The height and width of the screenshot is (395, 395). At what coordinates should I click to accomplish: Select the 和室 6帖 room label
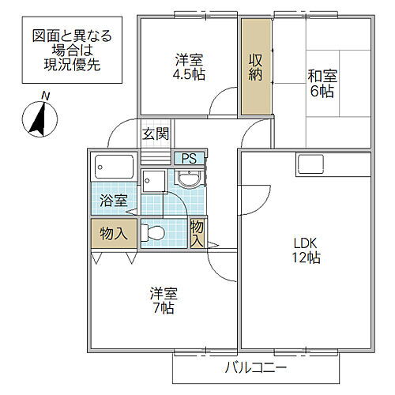point(322,83)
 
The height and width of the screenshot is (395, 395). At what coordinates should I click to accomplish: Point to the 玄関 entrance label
point(155,133)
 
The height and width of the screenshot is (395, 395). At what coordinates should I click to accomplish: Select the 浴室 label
point(112,200)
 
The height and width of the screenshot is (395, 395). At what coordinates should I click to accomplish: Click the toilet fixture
point(156,233)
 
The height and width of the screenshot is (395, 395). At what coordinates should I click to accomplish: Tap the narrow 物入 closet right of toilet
point(197,234)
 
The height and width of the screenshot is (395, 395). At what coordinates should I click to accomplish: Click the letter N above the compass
point(46,96)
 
